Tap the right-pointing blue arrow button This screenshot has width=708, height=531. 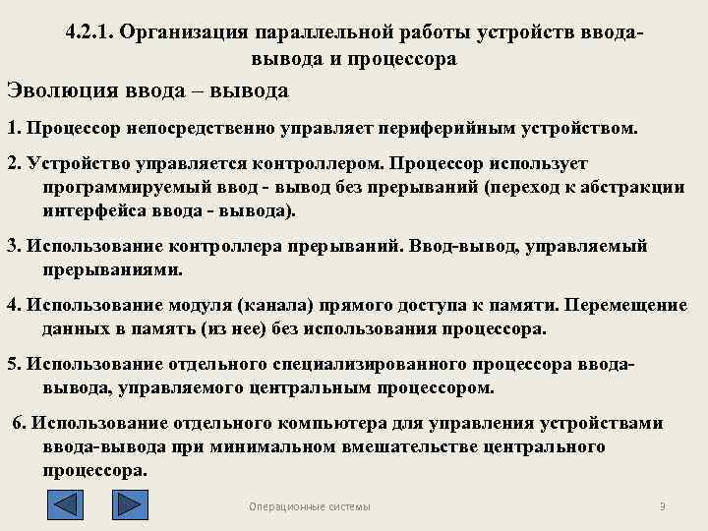pos(129,504)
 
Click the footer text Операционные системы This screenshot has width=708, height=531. pos(310,506)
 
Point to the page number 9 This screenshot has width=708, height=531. pos(662,506)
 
